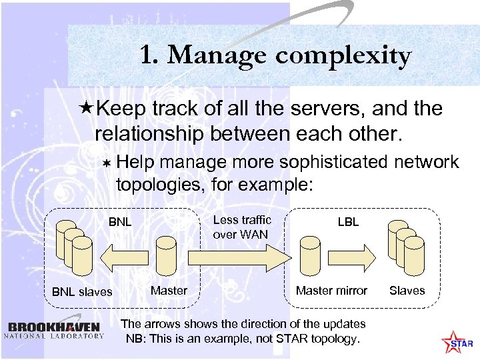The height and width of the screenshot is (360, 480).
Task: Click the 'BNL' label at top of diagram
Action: tap(120, 221)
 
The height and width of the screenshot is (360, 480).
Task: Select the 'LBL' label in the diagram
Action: tap(348, 221)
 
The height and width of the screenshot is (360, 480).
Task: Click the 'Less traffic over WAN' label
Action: tap(241, 227)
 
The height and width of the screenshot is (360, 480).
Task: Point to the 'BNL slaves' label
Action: tap(81, 291)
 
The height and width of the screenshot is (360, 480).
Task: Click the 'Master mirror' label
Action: tap(331, 290)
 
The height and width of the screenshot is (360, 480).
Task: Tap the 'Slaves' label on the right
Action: tap(407, 290)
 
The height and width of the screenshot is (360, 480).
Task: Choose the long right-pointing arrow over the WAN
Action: tap(237, 257)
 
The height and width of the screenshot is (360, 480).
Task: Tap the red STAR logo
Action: tap(459, 343)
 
